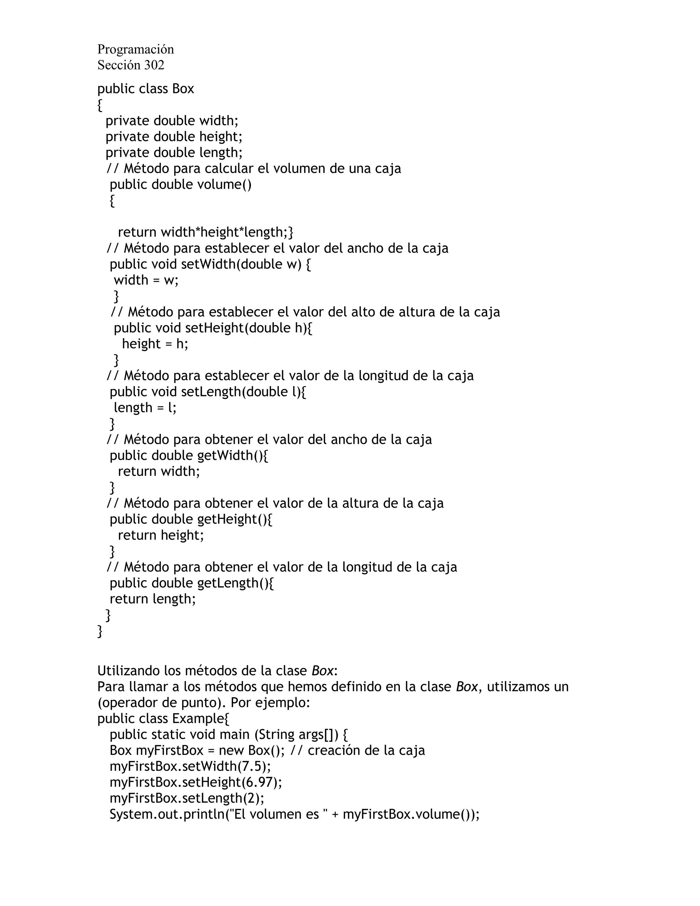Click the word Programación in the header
click(x=136, y=49)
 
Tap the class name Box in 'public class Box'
click(x=183, y=89)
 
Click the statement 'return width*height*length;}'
click(x=205, y=232)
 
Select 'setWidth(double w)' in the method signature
click(x=241, y=264)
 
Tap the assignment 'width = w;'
click(x=146, y=280)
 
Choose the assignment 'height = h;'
click(x=155, y=344)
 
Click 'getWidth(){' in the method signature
click(x=233, y=455)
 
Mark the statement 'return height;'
click(x=161, y=535)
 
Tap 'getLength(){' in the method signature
click(x=235, y=583)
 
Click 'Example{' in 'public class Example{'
click(x=201, y=719)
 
